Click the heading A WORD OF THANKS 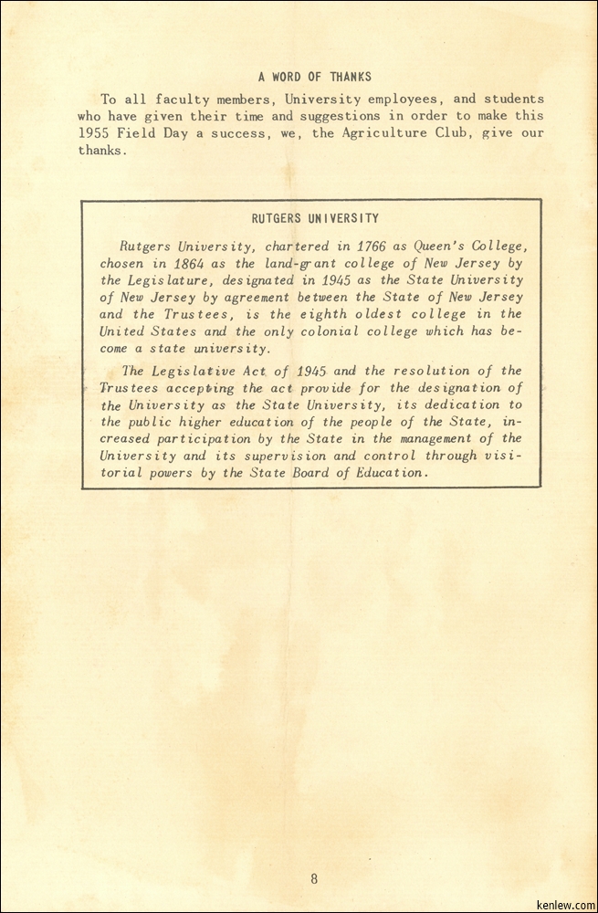tap(314, 78)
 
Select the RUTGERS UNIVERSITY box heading tap(315, 219)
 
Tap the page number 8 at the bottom tap(314, 879)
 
